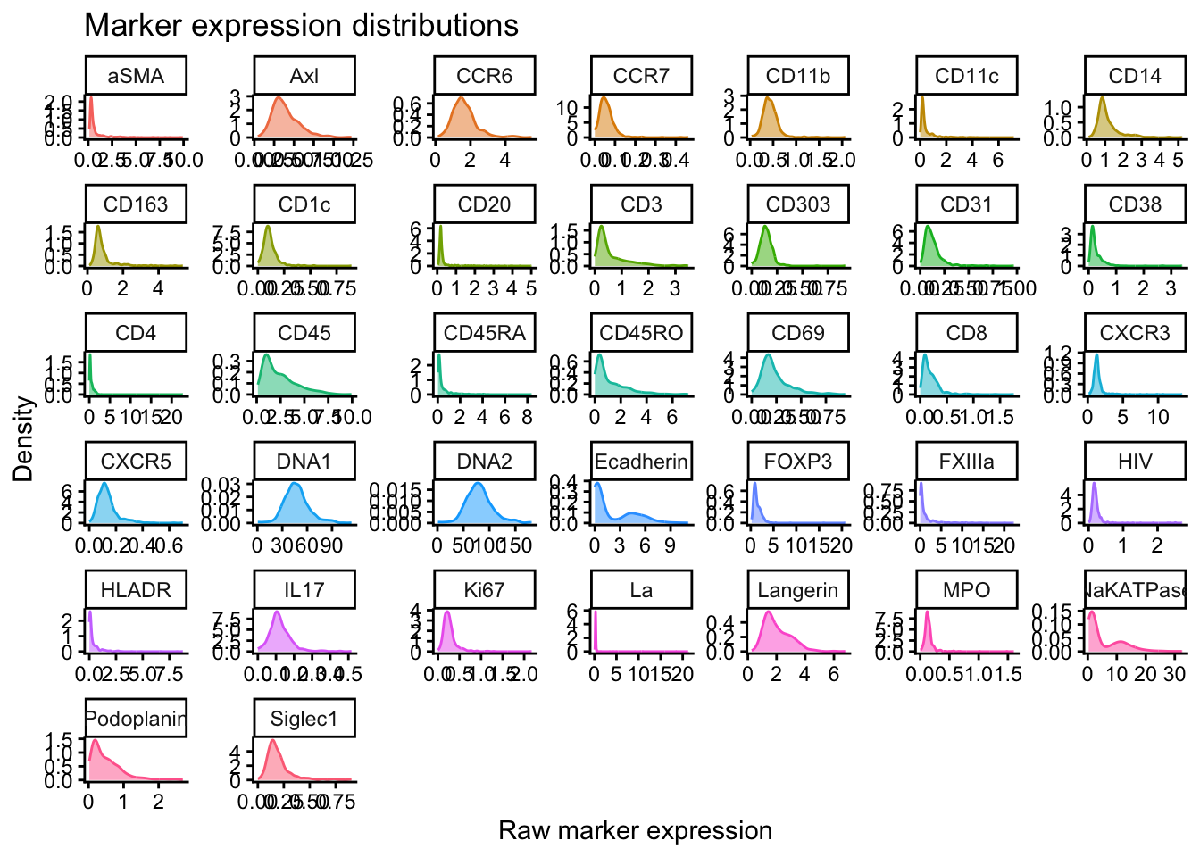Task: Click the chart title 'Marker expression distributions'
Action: coord(301,26)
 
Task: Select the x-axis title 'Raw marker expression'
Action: coord(635,831)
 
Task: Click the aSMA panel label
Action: coord(136,76)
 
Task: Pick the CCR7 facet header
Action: coord(641,76)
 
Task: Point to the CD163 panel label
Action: coord(136,204)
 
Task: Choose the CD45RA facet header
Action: coord(484,333)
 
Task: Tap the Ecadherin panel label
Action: coord(641,462)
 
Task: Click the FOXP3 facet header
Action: coord(798,462)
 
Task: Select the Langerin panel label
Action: coord(798,590)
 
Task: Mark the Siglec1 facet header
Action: coord(304,719)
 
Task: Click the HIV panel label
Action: coord(1135,462)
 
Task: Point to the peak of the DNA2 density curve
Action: coord(479,483)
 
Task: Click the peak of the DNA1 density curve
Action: coord(295,483)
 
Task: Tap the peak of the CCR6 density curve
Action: coord(462,97)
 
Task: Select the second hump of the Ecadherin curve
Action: coord(634,513)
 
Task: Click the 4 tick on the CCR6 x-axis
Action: coord(505,160)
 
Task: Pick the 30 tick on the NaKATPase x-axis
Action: coord(1174,674)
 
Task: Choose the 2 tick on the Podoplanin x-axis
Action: coord(158,803)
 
